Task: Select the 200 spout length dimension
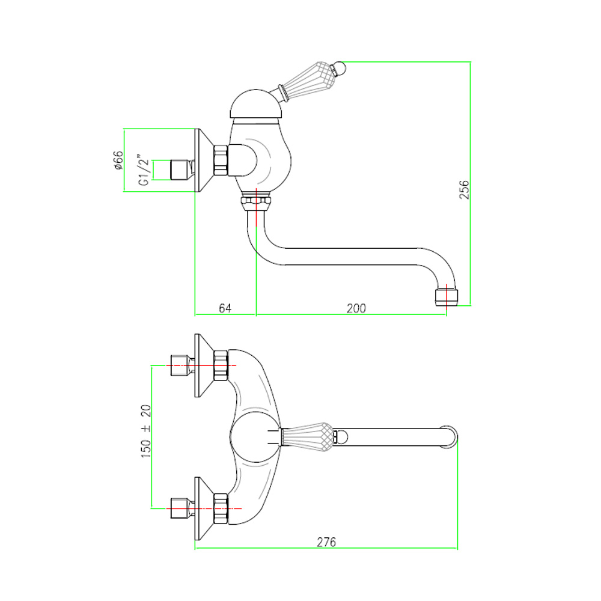(356, 308)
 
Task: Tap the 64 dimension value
(225, 308)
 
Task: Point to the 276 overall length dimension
(326, 542)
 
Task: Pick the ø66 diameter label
(118, 160)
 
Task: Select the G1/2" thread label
(143, 170)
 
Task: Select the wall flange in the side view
(204, 160)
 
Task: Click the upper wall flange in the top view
(203, 365)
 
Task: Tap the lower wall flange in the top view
(203, 508)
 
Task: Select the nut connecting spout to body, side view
(256, 203)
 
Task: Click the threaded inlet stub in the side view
(180, 170)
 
